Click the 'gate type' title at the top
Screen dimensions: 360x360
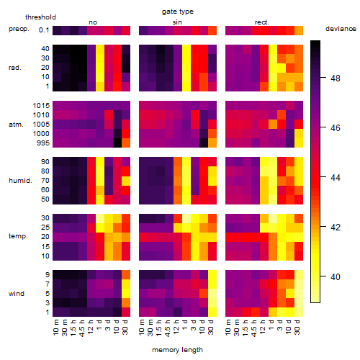[178, 12]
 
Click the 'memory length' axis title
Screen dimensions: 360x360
[177, 350]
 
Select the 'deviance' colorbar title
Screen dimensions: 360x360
[341, 29]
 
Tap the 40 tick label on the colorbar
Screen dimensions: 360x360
[335, 276]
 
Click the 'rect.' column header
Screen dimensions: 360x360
[262, 22]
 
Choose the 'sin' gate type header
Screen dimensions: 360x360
[177, 22]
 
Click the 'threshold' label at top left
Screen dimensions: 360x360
[40, 17]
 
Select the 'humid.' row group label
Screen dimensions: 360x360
[20, 181]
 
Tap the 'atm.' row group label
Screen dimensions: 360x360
[16, 125]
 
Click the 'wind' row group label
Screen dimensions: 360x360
[17, 294]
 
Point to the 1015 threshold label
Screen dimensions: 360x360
[41, 106]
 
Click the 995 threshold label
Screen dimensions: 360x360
[43, 143]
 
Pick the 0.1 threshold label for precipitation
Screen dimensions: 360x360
[44, 30]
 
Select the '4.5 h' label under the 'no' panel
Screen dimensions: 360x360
[82, 328]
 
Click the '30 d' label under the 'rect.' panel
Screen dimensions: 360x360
[297, 328]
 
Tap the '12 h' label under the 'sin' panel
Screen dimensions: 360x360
[176, 327]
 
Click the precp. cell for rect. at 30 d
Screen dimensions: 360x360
[299, 31]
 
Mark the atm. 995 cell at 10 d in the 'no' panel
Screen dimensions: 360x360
[117, 143]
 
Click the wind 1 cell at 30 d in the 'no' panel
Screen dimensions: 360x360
[126, 312]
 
